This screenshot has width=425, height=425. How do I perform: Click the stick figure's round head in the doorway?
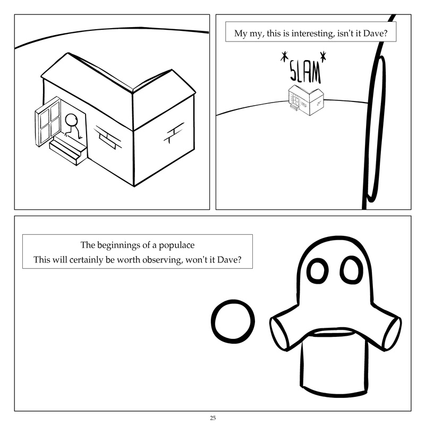71,120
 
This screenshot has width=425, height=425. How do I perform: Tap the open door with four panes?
48,122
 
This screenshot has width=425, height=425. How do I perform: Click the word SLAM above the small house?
305,71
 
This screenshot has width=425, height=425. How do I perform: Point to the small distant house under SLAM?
306,100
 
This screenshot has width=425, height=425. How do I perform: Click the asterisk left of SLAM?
284,57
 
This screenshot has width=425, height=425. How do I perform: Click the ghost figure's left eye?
317,271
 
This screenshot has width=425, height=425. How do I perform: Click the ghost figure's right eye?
351,270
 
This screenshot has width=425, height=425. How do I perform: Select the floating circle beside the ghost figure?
233,321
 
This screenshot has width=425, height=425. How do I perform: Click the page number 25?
213,418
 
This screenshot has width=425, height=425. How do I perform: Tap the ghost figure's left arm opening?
278,334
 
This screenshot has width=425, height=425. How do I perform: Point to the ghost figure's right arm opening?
393,334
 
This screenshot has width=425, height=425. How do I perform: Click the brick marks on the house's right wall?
174,133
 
